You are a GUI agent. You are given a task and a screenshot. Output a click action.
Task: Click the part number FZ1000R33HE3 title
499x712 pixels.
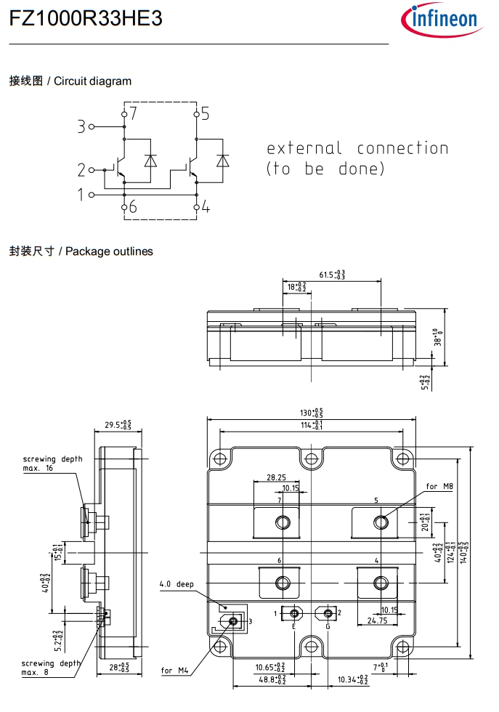click(85, 20)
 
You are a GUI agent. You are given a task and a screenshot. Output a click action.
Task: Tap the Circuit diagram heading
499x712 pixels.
click(70, 81)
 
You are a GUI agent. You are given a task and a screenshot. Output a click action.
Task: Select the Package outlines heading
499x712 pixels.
click(81, 251)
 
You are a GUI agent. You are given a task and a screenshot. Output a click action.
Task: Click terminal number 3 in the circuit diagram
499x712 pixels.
click(81, 126)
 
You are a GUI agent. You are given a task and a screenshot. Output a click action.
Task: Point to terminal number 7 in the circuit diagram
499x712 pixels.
click(133, 113)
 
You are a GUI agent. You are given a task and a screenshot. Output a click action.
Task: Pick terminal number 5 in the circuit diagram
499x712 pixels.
click(205, 113)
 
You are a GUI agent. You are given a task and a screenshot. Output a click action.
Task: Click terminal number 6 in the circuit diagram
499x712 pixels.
click(133, 208)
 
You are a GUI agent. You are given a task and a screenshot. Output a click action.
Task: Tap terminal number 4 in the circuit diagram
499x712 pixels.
click(206, 208)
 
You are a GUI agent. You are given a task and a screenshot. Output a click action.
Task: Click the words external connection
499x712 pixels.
click(357, 149)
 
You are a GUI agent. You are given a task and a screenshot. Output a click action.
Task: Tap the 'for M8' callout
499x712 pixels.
click(439, 486)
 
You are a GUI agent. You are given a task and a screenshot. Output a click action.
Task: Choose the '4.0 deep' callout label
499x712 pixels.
click(177, 584)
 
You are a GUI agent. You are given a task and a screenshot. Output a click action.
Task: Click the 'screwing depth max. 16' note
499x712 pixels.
click(52, 464)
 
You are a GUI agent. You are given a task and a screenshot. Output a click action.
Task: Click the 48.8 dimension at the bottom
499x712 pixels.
click(270, 681)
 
